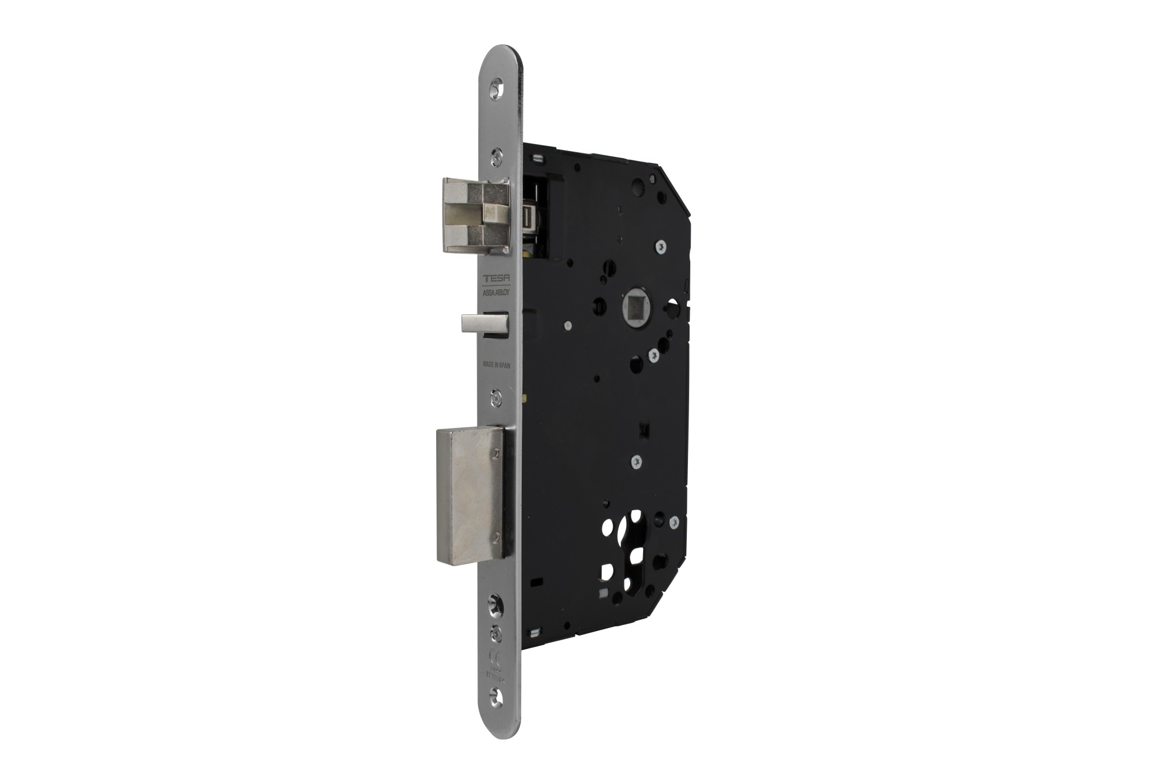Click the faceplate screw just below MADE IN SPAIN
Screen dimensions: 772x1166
point(496,397)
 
